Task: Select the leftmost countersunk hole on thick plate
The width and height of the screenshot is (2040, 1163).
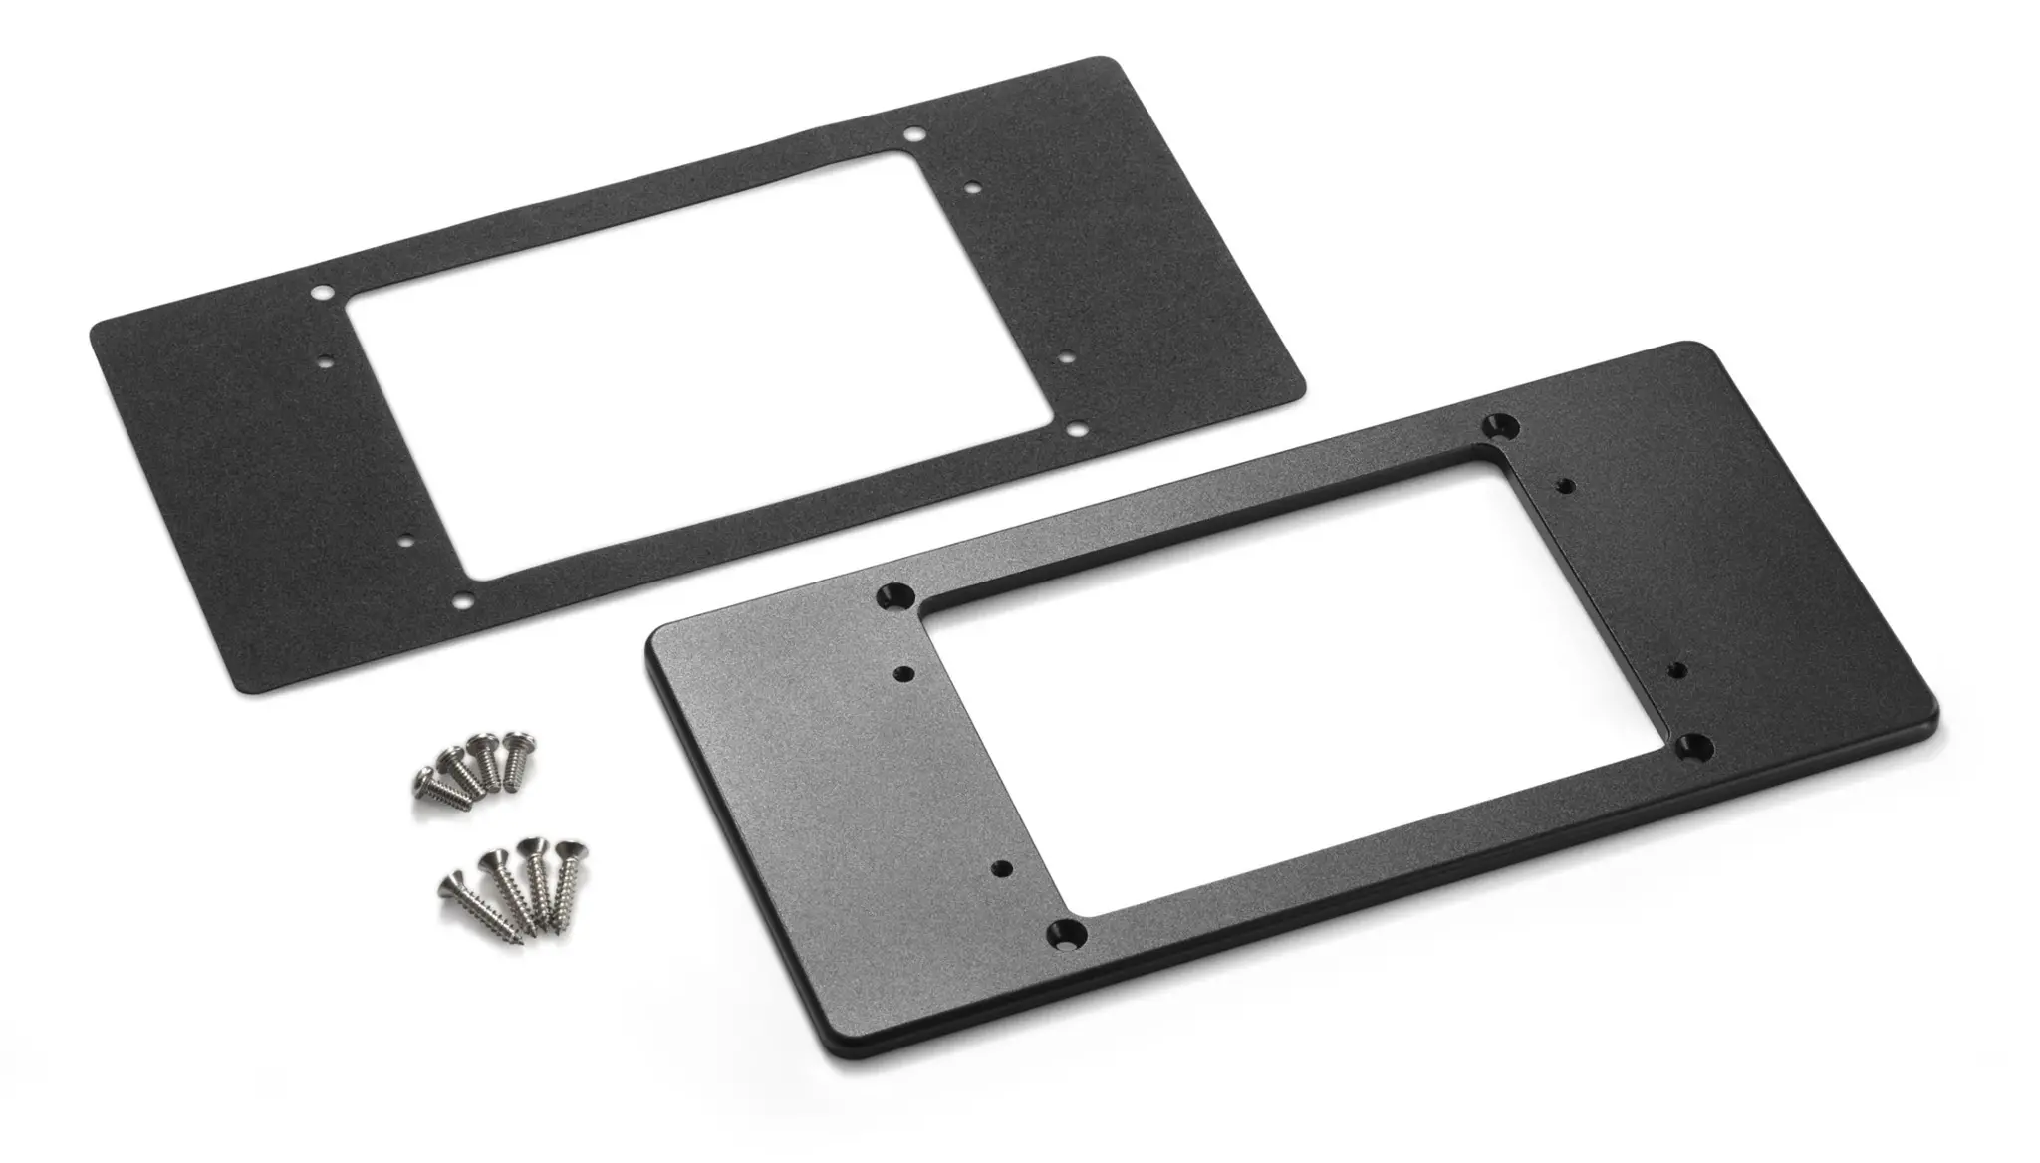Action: [x=894, y=596]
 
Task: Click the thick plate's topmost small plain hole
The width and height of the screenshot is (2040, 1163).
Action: [x=1564, y=486]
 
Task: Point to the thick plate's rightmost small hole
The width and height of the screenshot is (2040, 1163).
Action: [x=1676, y=668]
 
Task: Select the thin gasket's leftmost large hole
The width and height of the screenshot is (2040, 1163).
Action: [x=322, y=295]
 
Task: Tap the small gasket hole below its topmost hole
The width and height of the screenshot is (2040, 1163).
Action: [x=973, y=185]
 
